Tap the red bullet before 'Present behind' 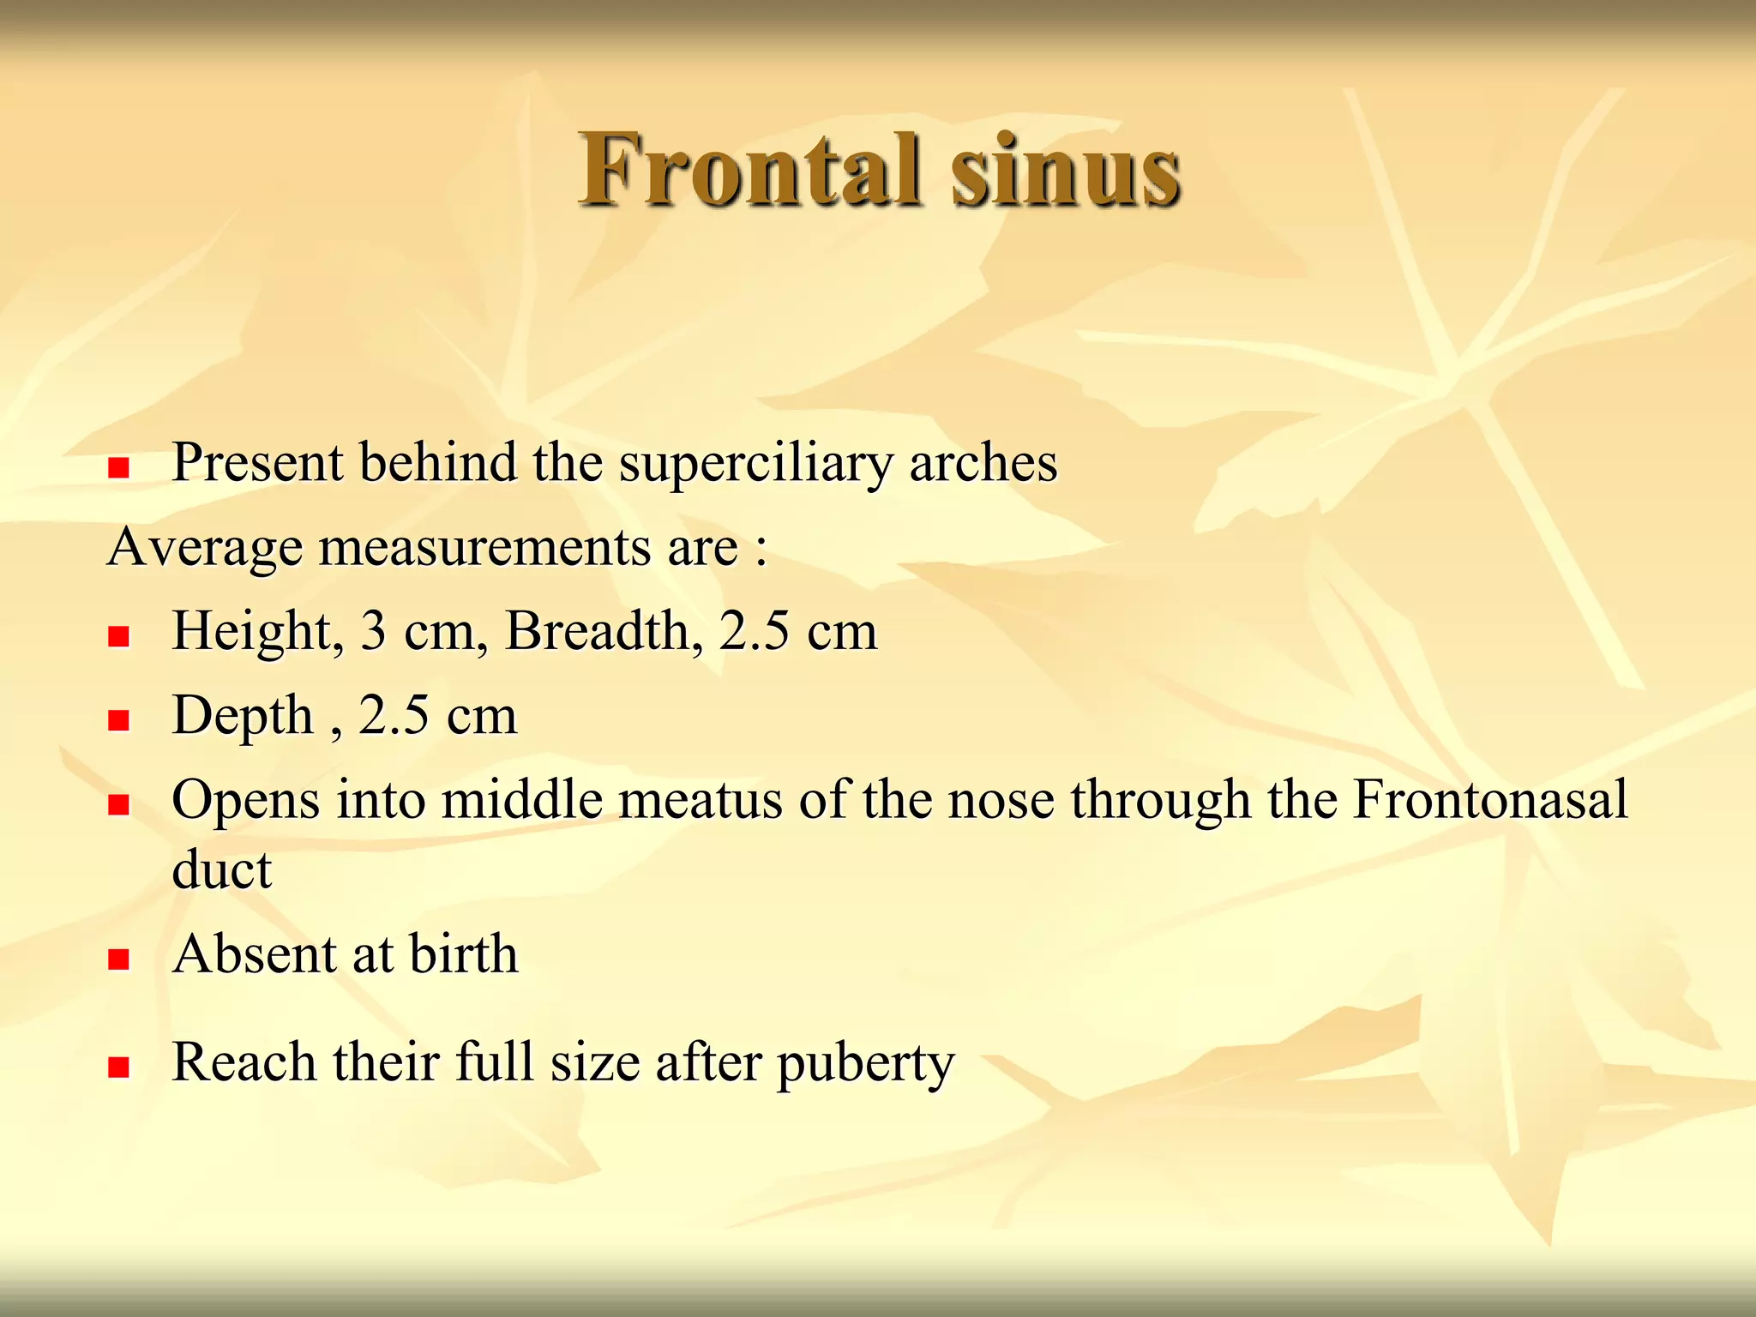(x=118, y=467)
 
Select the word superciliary (x=755, y=464)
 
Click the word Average (x=205, y=547)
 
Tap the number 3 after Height (x=373, y=631)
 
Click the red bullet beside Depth (x=118, y=720)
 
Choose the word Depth (x=243, y=717)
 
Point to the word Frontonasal (x=1489, y=800)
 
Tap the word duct (x=221, y=869)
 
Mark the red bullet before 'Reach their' (x=118, y=1067)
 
